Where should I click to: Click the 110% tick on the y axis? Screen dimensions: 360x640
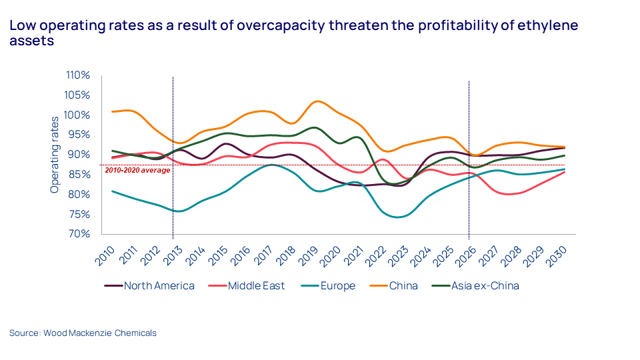[78, 75]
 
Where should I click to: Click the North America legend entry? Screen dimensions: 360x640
[159, 286]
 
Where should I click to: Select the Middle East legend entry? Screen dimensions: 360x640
[256, 286]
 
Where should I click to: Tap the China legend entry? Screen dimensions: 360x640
[403, 286]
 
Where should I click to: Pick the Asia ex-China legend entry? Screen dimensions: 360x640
[484, 286]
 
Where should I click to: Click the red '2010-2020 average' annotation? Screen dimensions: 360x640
[137, 170]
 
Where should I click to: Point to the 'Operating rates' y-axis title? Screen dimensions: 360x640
[55, 153]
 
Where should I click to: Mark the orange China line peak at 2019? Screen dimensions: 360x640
[318, 101]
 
